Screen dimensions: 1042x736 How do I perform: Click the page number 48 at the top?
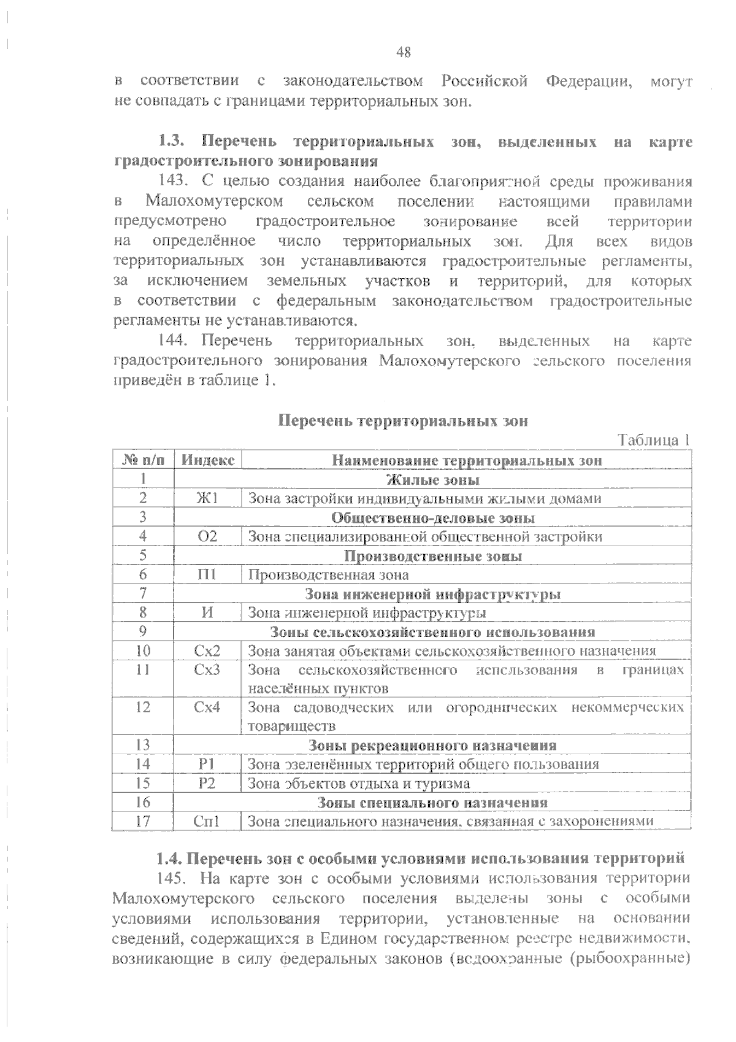pos(404,52)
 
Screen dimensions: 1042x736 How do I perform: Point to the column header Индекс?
pos(208,460)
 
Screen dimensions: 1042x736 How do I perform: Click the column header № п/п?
pos(144,460)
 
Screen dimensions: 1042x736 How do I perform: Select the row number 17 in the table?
pos(143,821)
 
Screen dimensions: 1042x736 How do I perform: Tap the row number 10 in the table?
pos(143,650)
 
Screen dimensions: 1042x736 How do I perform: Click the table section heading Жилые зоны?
pos(432,479)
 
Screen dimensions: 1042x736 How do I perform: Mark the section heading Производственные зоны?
pos(432,556)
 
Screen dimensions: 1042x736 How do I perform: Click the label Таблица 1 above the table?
pos(654,440)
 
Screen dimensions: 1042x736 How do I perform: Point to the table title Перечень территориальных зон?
pos(403,421)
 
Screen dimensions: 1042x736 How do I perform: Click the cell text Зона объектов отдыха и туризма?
pos(359,784)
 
